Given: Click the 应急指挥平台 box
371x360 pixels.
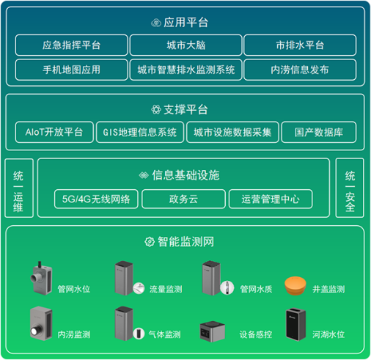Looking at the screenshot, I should click(x=71, y=45).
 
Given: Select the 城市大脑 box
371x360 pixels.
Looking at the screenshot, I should click(x=185, y=45).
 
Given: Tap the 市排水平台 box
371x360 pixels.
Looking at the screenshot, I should click(x=299, y=45).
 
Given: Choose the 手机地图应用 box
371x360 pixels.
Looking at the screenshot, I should click(x=71, y=70).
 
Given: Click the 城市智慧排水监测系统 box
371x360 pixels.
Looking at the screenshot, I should click(x=185, y=70).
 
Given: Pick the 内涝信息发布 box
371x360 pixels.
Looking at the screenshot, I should click(x=299, y=70).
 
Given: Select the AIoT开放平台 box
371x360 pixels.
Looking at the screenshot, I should click(x=54, y=133).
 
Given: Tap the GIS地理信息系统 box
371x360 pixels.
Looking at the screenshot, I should click(x=139, y=133).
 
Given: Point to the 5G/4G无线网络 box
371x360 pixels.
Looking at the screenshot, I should click(x=96, y=199).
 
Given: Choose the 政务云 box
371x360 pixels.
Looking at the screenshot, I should click(x=183, y=199).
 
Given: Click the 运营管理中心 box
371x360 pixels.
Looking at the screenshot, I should click(x=271, y=199).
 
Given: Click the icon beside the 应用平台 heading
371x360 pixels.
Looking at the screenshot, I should click(x=156, y=23).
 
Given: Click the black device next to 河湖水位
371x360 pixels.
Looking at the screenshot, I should click(x=295, y=326).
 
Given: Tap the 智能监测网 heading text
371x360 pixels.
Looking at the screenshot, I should click(x=185, y=241).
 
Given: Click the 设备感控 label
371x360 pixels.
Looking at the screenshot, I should click(x=255, y=334).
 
